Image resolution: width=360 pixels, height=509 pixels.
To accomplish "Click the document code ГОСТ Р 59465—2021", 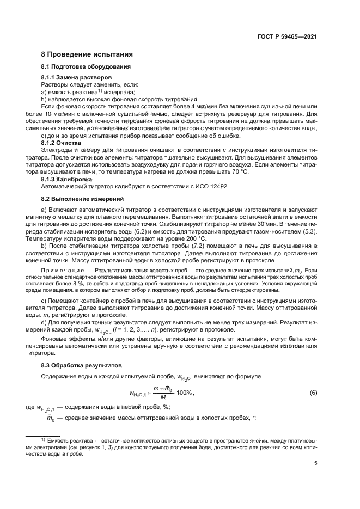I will point(287,37).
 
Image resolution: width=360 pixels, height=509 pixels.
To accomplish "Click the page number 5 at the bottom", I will point(315,464).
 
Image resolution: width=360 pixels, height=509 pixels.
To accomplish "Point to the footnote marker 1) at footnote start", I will point(44,438).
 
